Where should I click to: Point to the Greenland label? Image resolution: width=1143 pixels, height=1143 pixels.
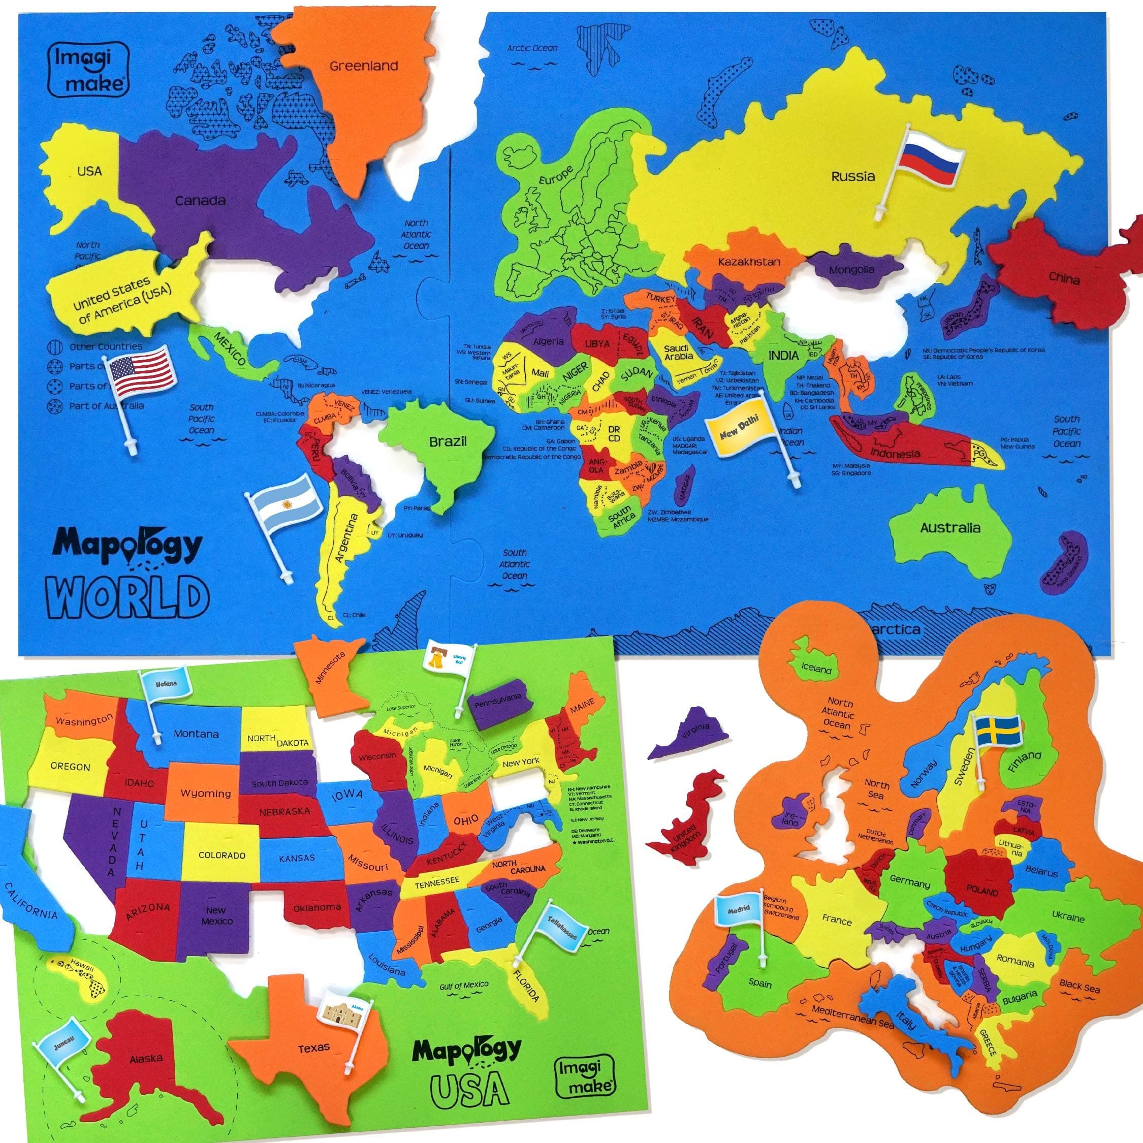point(363,66)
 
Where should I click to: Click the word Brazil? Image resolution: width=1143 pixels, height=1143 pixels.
point(448,441)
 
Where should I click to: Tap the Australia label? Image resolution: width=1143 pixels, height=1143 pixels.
point(949,528)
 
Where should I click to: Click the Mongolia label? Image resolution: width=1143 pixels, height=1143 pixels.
point(851,270)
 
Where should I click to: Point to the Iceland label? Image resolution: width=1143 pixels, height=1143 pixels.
point(816,670)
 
